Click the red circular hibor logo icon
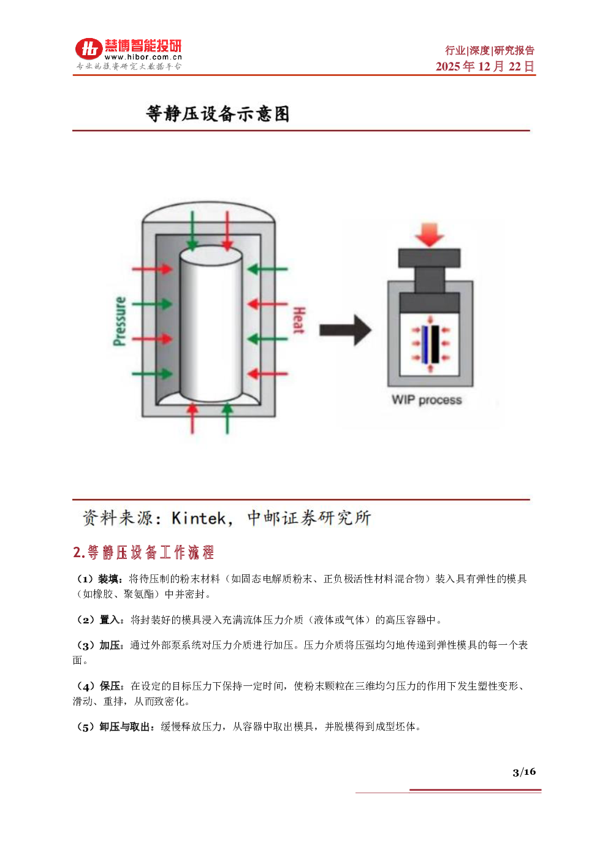point(89,49)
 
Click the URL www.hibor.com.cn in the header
point(143,57)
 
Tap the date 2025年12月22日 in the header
point(485,66)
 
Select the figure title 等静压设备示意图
point(218,113)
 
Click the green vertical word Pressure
point(120,321)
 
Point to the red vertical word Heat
point(299,320)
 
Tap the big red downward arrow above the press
point(430,235)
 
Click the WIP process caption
point(427,400)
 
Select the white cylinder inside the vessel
point(211,324)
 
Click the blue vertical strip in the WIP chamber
point(425,344)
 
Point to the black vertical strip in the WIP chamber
point(435,344)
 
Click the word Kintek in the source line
point(199,519)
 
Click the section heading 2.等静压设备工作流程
point(143,552)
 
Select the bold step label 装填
point(108,579)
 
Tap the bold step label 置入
point(110,620)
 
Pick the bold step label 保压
point(110,686)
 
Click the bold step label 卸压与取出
point(124,727)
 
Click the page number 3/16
point(524,772)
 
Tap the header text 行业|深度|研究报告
point(490,50)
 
